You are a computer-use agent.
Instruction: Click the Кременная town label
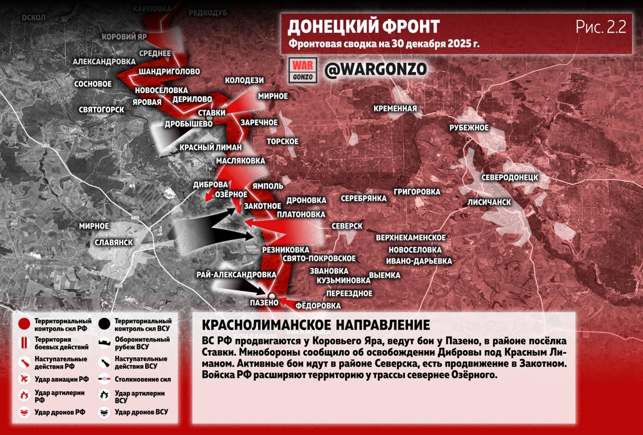pyautogui.click(x=395, y=108)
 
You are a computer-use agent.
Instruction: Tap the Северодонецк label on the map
pyautogui.click(x=509, y=178)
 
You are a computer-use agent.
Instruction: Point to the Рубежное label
pyautogui.click(x=469, y=127)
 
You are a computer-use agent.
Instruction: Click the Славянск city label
pyautogui.click(x=114, y=242)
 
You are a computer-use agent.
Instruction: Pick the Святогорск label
pyautogui.click(x=101, y=109)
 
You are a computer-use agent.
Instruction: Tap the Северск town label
pyautogui.click(x=347, y=226)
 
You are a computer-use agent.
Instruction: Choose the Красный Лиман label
pyautogui.click(x=211, y=148)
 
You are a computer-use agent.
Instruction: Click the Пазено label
pyautogui.click(x=264, y=303)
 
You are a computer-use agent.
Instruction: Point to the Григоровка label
pyautogui.click(x=416, y=192)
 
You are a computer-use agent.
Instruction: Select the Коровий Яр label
pyautogui.click(x=125, y=37)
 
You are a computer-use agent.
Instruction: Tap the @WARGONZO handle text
pyautogui.click(x=375, y=69)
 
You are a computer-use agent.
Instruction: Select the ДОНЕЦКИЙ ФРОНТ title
pyautogui.click(x=363, y=27)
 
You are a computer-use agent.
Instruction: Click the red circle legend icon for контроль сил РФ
pyautogui.click(x=24, y=324)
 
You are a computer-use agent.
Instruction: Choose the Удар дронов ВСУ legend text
pyautogui.click(x=141, y=412)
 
